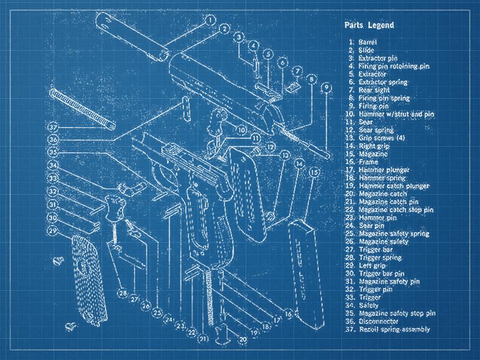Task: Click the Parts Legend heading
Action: [369, 25]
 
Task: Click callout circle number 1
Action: [209, 20]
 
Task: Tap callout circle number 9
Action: [324, 88]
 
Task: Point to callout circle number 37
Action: [53, 128]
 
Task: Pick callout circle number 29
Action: [53, 231]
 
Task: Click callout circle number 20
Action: [243, 340]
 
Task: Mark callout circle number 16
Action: [288, 313]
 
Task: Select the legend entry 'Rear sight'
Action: [369, 90]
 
